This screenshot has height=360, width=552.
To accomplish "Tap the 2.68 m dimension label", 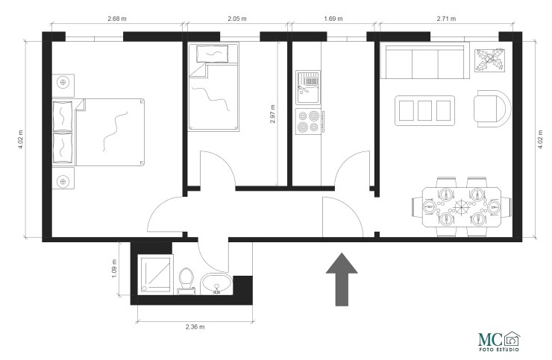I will click(x=116, y=17).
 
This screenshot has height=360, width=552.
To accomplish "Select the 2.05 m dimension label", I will click(x=237, y=17).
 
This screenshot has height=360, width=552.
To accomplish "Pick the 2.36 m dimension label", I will click(x=195, y=326).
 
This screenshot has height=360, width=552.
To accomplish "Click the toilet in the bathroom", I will click(x=187, y=280).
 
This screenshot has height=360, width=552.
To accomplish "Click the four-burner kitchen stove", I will click(x=310, y=121).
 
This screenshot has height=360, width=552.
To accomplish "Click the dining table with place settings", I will click(x=460, y=206).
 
